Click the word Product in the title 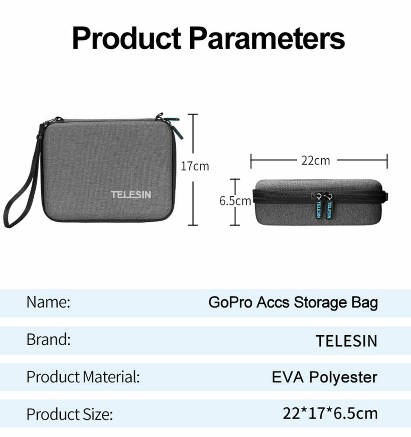pos(127,38)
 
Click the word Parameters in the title pos(267,38)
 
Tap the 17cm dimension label pos(195,166)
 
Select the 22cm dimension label pos(316,160)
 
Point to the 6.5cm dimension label pos(235,201)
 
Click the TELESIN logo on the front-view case pos(131,194)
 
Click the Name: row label pos(48,302)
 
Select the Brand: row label pos(49,340)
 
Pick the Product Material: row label pos(83,377)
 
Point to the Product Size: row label pos(70,414)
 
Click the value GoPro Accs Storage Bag pos(293,303)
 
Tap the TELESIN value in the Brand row pos(347,340)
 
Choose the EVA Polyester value pos(324,378)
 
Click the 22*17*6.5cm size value pos(331,413)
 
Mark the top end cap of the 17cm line pos(193,114)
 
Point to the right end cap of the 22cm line pos(387,161)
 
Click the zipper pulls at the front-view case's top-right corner pos(171,125)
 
